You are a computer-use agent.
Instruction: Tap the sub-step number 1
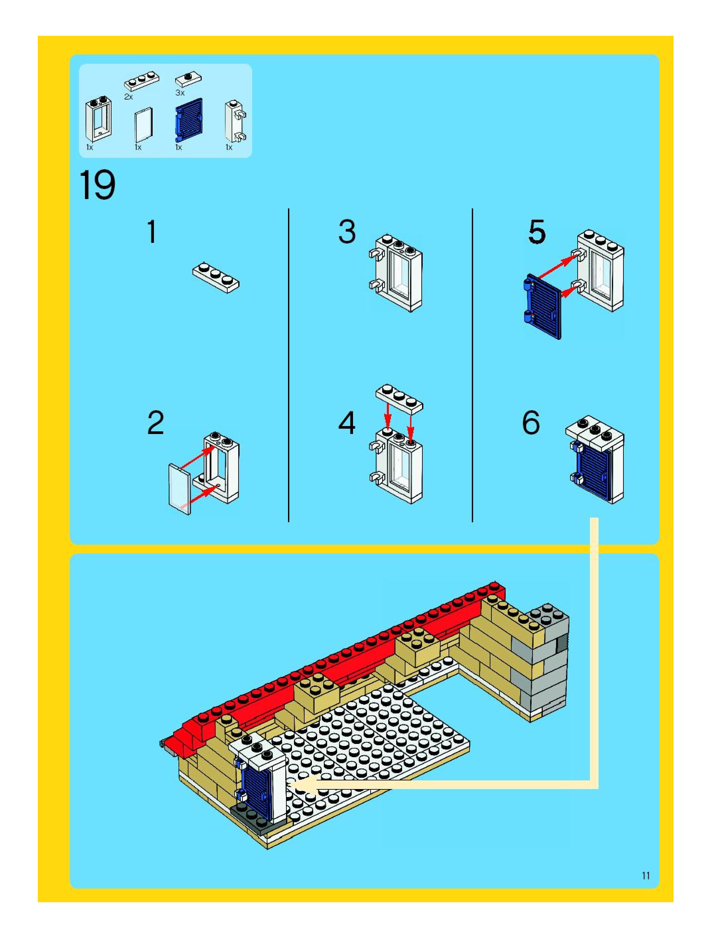tap(152, 232)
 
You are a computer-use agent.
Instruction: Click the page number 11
tap(646, 876)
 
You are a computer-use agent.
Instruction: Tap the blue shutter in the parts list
tap(189, 120)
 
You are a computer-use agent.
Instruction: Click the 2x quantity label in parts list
tap(128, 97)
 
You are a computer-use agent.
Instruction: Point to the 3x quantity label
tap(180, 93)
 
